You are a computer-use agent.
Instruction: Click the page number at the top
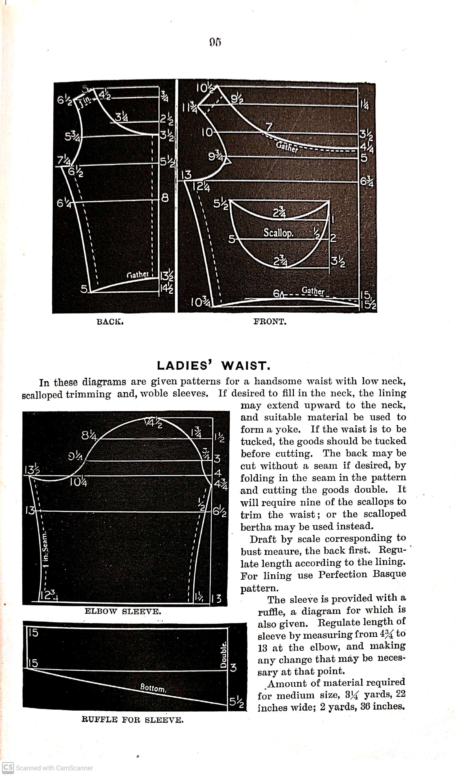215,42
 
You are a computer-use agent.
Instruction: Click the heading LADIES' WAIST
214,366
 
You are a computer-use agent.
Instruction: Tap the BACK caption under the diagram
110,322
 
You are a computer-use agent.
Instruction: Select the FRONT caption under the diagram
270,322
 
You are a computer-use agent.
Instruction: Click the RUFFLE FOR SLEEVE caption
132,720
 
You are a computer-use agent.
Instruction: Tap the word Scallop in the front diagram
278,232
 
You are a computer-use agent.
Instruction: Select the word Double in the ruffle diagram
224,655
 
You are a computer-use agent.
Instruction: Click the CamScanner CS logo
8,768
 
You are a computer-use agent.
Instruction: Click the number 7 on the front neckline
269,127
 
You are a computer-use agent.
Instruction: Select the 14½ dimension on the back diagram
167,289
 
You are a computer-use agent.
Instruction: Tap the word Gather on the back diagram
138,274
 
